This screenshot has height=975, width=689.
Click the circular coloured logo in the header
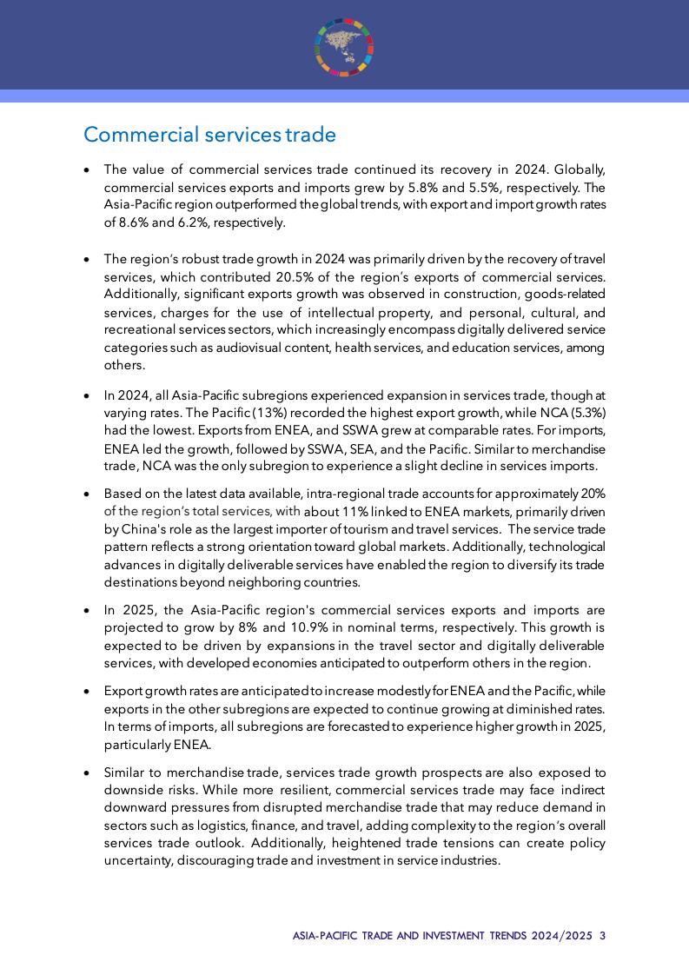[x=344, y=47]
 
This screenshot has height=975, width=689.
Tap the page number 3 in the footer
[x=602, y=936]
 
